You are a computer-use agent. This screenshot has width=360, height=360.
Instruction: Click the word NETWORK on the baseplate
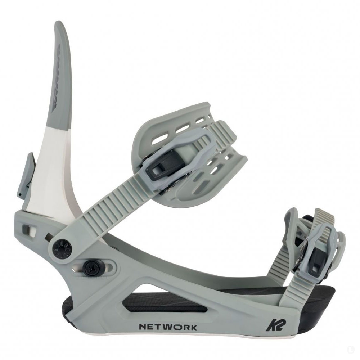tap(168, 327)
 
